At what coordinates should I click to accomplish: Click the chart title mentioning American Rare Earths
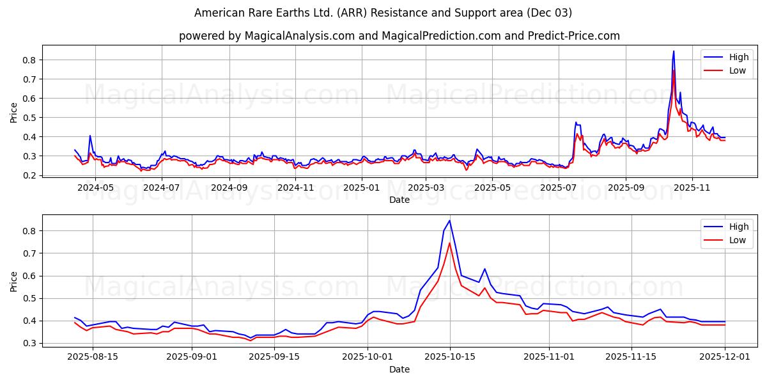[x=383, y=13]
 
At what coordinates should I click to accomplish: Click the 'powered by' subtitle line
[x=399, y=36]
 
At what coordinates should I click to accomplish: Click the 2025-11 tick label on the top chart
[x=692, y=188]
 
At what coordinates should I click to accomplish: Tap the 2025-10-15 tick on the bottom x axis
[x=449, y=357]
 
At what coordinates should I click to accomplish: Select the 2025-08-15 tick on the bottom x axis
[x=93, y=357]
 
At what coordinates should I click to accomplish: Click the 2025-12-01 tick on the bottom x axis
[x=725, y=357]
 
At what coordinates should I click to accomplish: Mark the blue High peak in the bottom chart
[x=449, y=221]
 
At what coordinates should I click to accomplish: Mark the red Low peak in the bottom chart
[x=449, y=243]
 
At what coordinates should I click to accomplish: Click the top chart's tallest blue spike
[x=673, y=52]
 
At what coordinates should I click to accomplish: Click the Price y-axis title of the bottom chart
[x=14, y=281]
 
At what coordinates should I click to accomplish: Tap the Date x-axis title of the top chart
[x=399, y=200]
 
